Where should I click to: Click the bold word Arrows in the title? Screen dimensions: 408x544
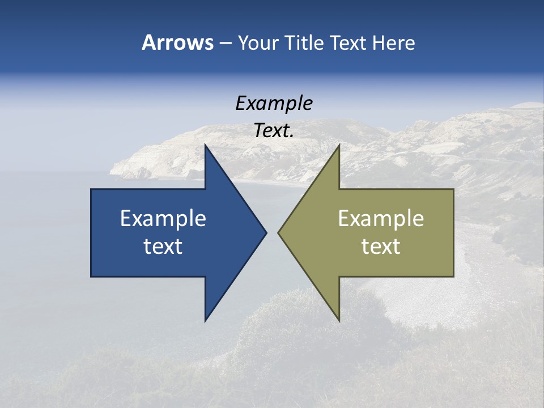177,42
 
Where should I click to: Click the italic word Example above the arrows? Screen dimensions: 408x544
274,103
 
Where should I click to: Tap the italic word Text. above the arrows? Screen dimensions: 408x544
274,131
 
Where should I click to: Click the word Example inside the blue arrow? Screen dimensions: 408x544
163,218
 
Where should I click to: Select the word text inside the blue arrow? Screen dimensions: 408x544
163,246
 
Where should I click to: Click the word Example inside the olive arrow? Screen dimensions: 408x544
381,218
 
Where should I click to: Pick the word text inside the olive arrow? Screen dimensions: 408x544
381,246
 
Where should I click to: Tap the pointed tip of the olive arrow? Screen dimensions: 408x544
279,232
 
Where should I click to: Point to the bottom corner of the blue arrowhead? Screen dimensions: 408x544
205,320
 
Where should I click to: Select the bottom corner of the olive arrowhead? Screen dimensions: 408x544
339,320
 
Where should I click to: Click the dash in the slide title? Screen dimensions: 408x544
225,43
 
